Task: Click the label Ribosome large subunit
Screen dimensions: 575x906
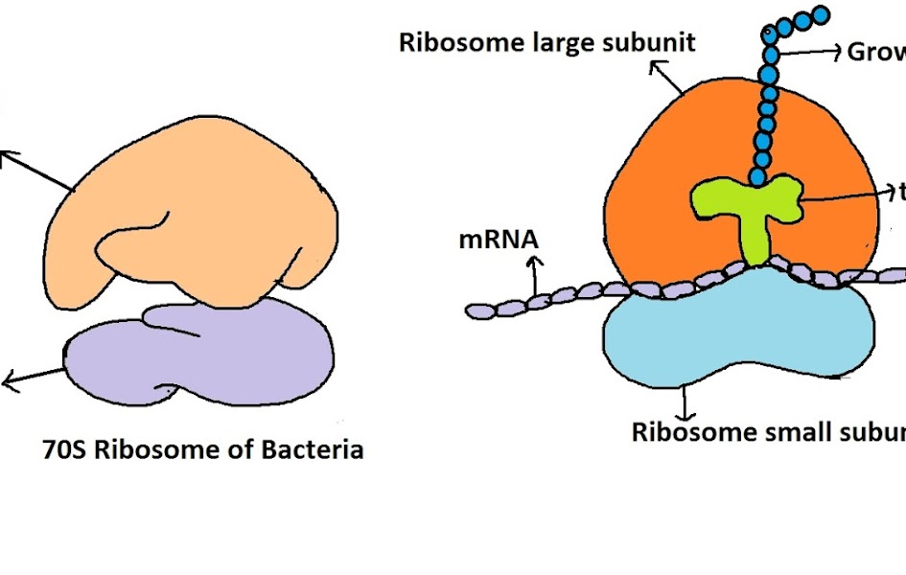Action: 546,43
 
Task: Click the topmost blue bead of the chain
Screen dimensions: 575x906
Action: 821,14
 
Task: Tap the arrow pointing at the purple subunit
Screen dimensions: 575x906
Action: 34,378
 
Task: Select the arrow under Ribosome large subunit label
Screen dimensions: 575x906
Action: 665,77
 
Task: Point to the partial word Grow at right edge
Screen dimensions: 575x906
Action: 875,51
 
